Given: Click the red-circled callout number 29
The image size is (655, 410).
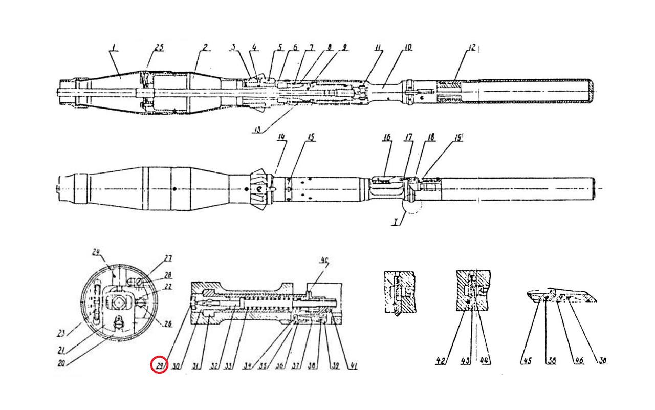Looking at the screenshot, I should coord(159,365).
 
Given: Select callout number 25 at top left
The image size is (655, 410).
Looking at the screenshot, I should coord(159,48).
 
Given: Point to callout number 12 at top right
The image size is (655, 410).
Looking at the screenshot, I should coord(472,47).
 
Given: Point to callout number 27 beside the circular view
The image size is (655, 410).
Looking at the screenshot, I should coord(167,259).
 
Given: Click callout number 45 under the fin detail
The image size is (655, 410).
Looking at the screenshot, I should coord(527,360).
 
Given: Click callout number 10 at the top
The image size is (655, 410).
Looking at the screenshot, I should coord(408,48).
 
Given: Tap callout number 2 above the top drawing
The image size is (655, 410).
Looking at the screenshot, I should coord(205,47).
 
